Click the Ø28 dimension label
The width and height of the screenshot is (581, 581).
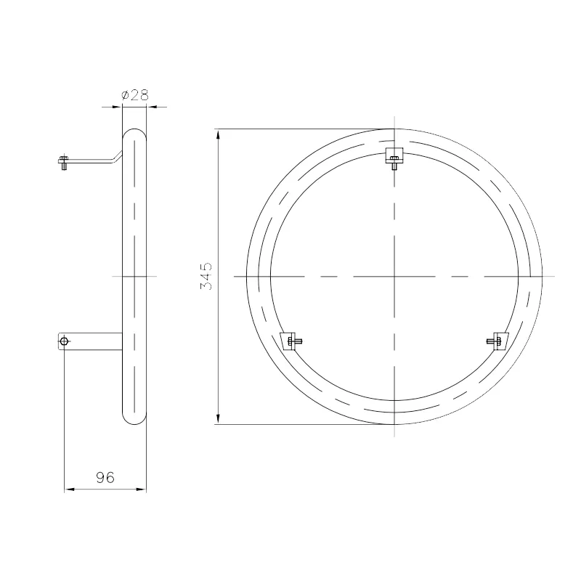[x=135, y=95]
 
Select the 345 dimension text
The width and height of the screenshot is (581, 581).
[x=206, y=276]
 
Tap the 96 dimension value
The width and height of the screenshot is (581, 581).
[x=105, y=478]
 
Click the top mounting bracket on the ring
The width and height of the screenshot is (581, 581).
[x=394, y=158]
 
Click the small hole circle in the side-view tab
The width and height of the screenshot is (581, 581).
[x=64, y=341]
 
